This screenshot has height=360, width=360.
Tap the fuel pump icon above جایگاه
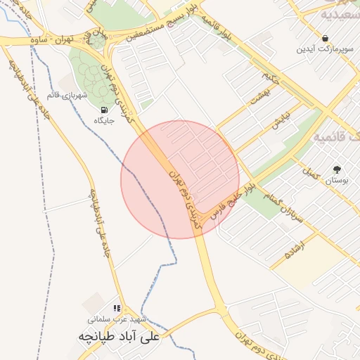[x=104, y=110]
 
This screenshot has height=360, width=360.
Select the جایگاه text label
[x=105, y=121]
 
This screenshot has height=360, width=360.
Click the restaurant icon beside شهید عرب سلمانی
[x=117, y=308]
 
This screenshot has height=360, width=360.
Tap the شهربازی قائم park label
[x=66, y=94]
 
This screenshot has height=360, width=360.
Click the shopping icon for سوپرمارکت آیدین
[x=325, y=38]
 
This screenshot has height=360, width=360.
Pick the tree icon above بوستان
[x=337, y=169]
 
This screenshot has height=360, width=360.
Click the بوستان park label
[x=337, y=180]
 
